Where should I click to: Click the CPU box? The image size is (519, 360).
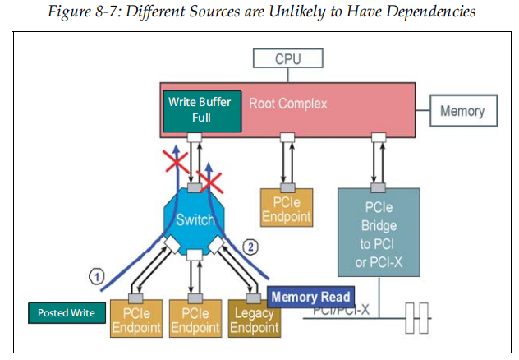point(287,59)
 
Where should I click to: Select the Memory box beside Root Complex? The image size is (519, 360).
point(462,111)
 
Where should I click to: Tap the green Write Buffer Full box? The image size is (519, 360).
point(200,110)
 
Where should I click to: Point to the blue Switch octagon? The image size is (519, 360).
point(195,219)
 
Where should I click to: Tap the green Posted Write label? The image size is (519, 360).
point(67,313)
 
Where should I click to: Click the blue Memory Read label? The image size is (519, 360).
point(310,298)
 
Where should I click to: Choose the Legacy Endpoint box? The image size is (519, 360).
point(255,319)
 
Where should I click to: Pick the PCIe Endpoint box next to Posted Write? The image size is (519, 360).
point(135,319)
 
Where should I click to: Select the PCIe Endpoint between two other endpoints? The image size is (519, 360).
point(195,319)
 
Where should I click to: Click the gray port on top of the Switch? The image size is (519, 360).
point(195,189)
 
